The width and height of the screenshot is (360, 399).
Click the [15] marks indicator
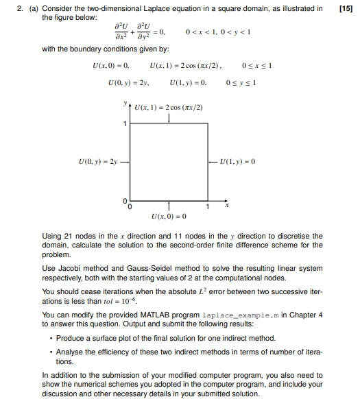pyautogui.click(x=346, y=8)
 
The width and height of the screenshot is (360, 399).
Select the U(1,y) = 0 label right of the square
pyautogui.click(x=237, y=162)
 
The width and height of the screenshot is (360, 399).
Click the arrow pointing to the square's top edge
pyautogui.click(x=168, y=118)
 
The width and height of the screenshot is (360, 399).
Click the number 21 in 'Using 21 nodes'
pyautogui.click(x=67, y=237)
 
